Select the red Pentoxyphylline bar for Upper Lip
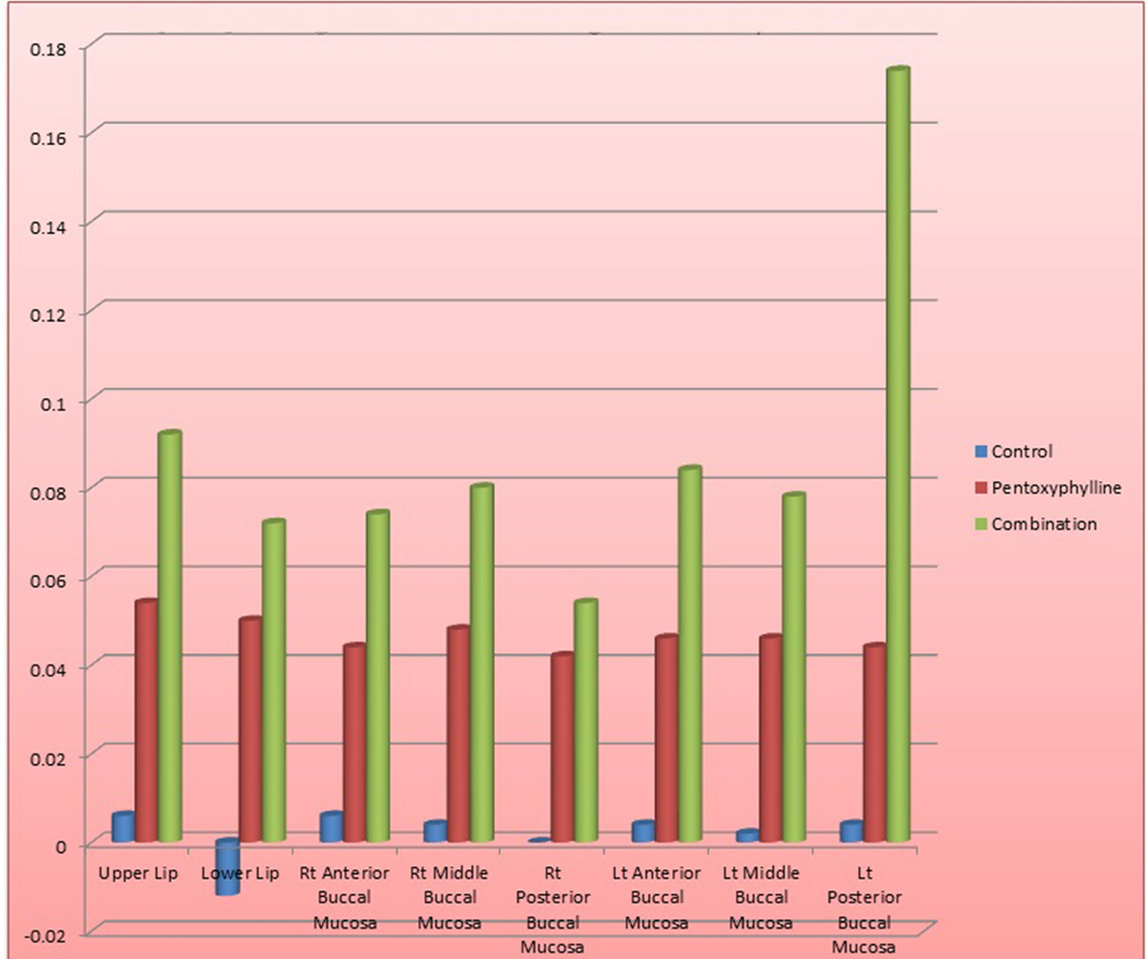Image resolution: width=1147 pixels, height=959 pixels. [x=146, y=722]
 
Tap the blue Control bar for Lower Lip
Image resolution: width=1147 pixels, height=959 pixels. [x=227, y=867]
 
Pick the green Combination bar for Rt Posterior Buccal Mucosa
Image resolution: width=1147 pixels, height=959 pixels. [x=585, y=721]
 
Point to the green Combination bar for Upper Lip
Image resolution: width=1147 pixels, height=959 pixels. [x=170, y=637]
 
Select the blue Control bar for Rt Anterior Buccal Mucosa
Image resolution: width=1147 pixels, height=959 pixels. [x=331, y=827]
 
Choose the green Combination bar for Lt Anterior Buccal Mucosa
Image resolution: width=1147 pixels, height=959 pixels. [x=689, y=655]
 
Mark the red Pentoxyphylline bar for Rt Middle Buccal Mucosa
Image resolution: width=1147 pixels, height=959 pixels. [x=458, y=735]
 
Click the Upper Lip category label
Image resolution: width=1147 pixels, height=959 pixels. [x=139, y=874]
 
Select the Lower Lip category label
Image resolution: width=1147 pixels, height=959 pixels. [x=240, y=874]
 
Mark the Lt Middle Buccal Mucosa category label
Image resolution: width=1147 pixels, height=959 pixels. [x=760, y=899]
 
